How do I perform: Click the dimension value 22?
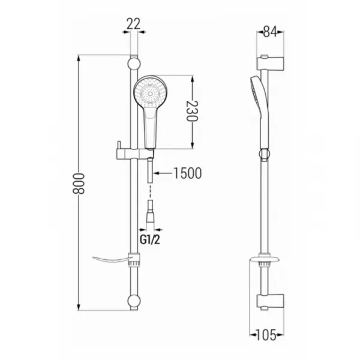pyautogui.click(x=133, y=24)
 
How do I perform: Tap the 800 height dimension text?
pyautogui.click(x=79, y=184)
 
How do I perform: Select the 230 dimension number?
pyautogui.click(x=192, y=111)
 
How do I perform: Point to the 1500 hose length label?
pyautogui.click(x=188, y=173)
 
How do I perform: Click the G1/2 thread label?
pyautogui.click(x=150, y=240)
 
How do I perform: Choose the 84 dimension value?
pyautogui.click(x=270, y=32)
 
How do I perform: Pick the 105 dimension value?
pyautogui.click(x=266, y=335)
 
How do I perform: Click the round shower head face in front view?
pyautogui.click(x=150, y=92)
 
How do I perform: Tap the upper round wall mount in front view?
pyautogui.click(x=134, y=64)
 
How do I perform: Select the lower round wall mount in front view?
pyautogui.click(x=134, y=301)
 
